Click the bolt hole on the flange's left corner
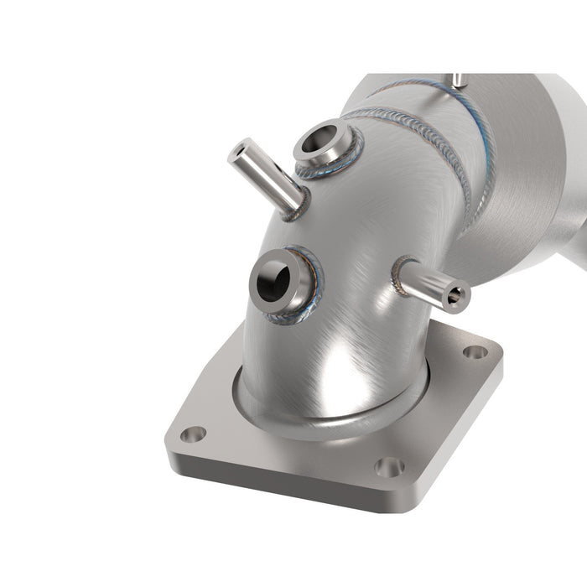point(194,434)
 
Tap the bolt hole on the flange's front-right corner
point(388,466)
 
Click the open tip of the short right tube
point(457,296)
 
